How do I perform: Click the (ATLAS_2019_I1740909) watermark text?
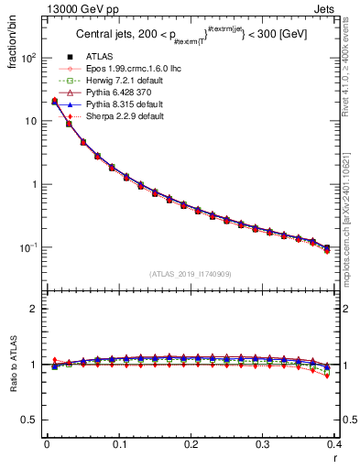tap(191, 274)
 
